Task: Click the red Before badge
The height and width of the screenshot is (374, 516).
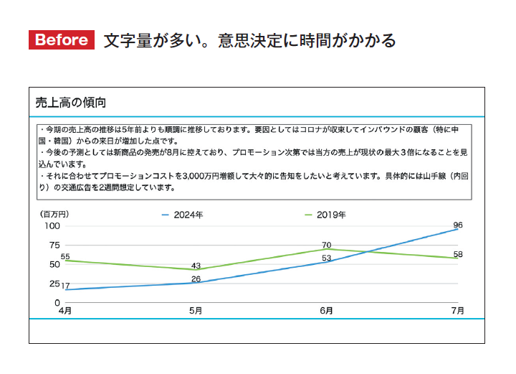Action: pos(62,40)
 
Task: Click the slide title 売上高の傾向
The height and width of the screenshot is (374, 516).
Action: pos(71,103)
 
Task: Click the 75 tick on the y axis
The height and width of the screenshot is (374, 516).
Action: pos(54,245)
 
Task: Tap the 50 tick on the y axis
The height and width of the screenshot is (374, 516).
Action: pos(54,264)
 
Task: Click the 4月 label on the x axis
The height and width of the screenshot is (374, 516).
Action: pos(64,311)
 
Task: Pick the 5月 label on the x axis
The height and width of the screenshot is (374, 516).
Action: pos(196,311)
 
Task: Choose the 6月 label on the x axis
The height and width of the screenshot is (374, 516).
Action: pos(326,311)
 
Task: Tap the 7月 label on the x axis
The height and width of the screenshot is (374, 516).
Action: pos(457,311)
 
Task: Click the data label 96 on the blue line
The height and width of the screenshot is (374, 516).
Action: pos(458,225)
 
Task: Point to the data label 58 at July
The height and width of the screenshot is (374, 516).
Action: pos(458,255)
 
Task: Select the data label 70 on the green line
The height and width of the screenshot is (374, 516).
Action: pos(326,245)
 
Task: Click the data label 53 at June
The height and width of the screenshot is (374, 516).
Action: pos(326,258)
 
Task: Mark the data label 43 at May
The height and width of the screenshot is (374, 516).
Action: pos(196,266)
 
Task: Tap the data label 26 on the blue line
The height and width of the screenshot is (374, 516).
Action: pos(196,279)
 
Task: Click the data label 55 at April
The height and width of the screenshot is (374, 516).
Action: pos(65,256)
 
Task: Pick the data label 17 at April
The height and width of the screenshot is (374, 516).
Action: pos(65,286)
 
